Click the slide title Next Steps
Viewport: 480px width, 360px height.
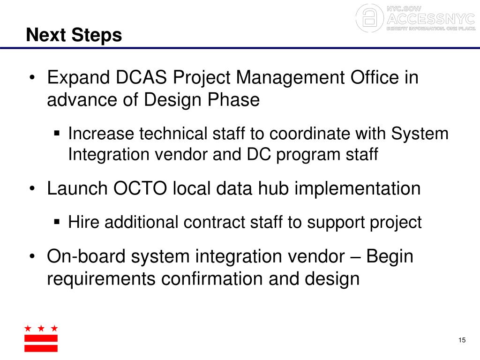(74, 35)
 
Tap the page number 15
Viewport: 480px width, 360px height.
(462, 340)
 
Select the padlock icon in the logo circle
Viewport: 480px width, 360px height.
(370, 18)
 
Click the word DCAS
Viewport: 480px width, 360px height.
(142, 77)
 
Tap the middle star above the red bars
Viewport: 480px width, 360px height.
(41, 328)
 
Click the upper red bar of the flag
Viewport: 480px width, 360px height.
(41, 338)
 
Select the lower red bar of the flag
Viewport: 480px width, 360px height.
(41, 348)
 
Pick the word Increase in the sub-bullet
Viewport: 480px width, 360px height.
(101, 134)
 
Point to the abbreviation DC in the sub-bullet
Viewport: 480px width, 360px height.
(257, 155)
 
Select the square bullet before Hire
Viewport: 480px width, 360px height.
(57, 222)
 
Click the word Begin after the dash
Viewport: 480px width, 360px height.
(390, 257)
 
